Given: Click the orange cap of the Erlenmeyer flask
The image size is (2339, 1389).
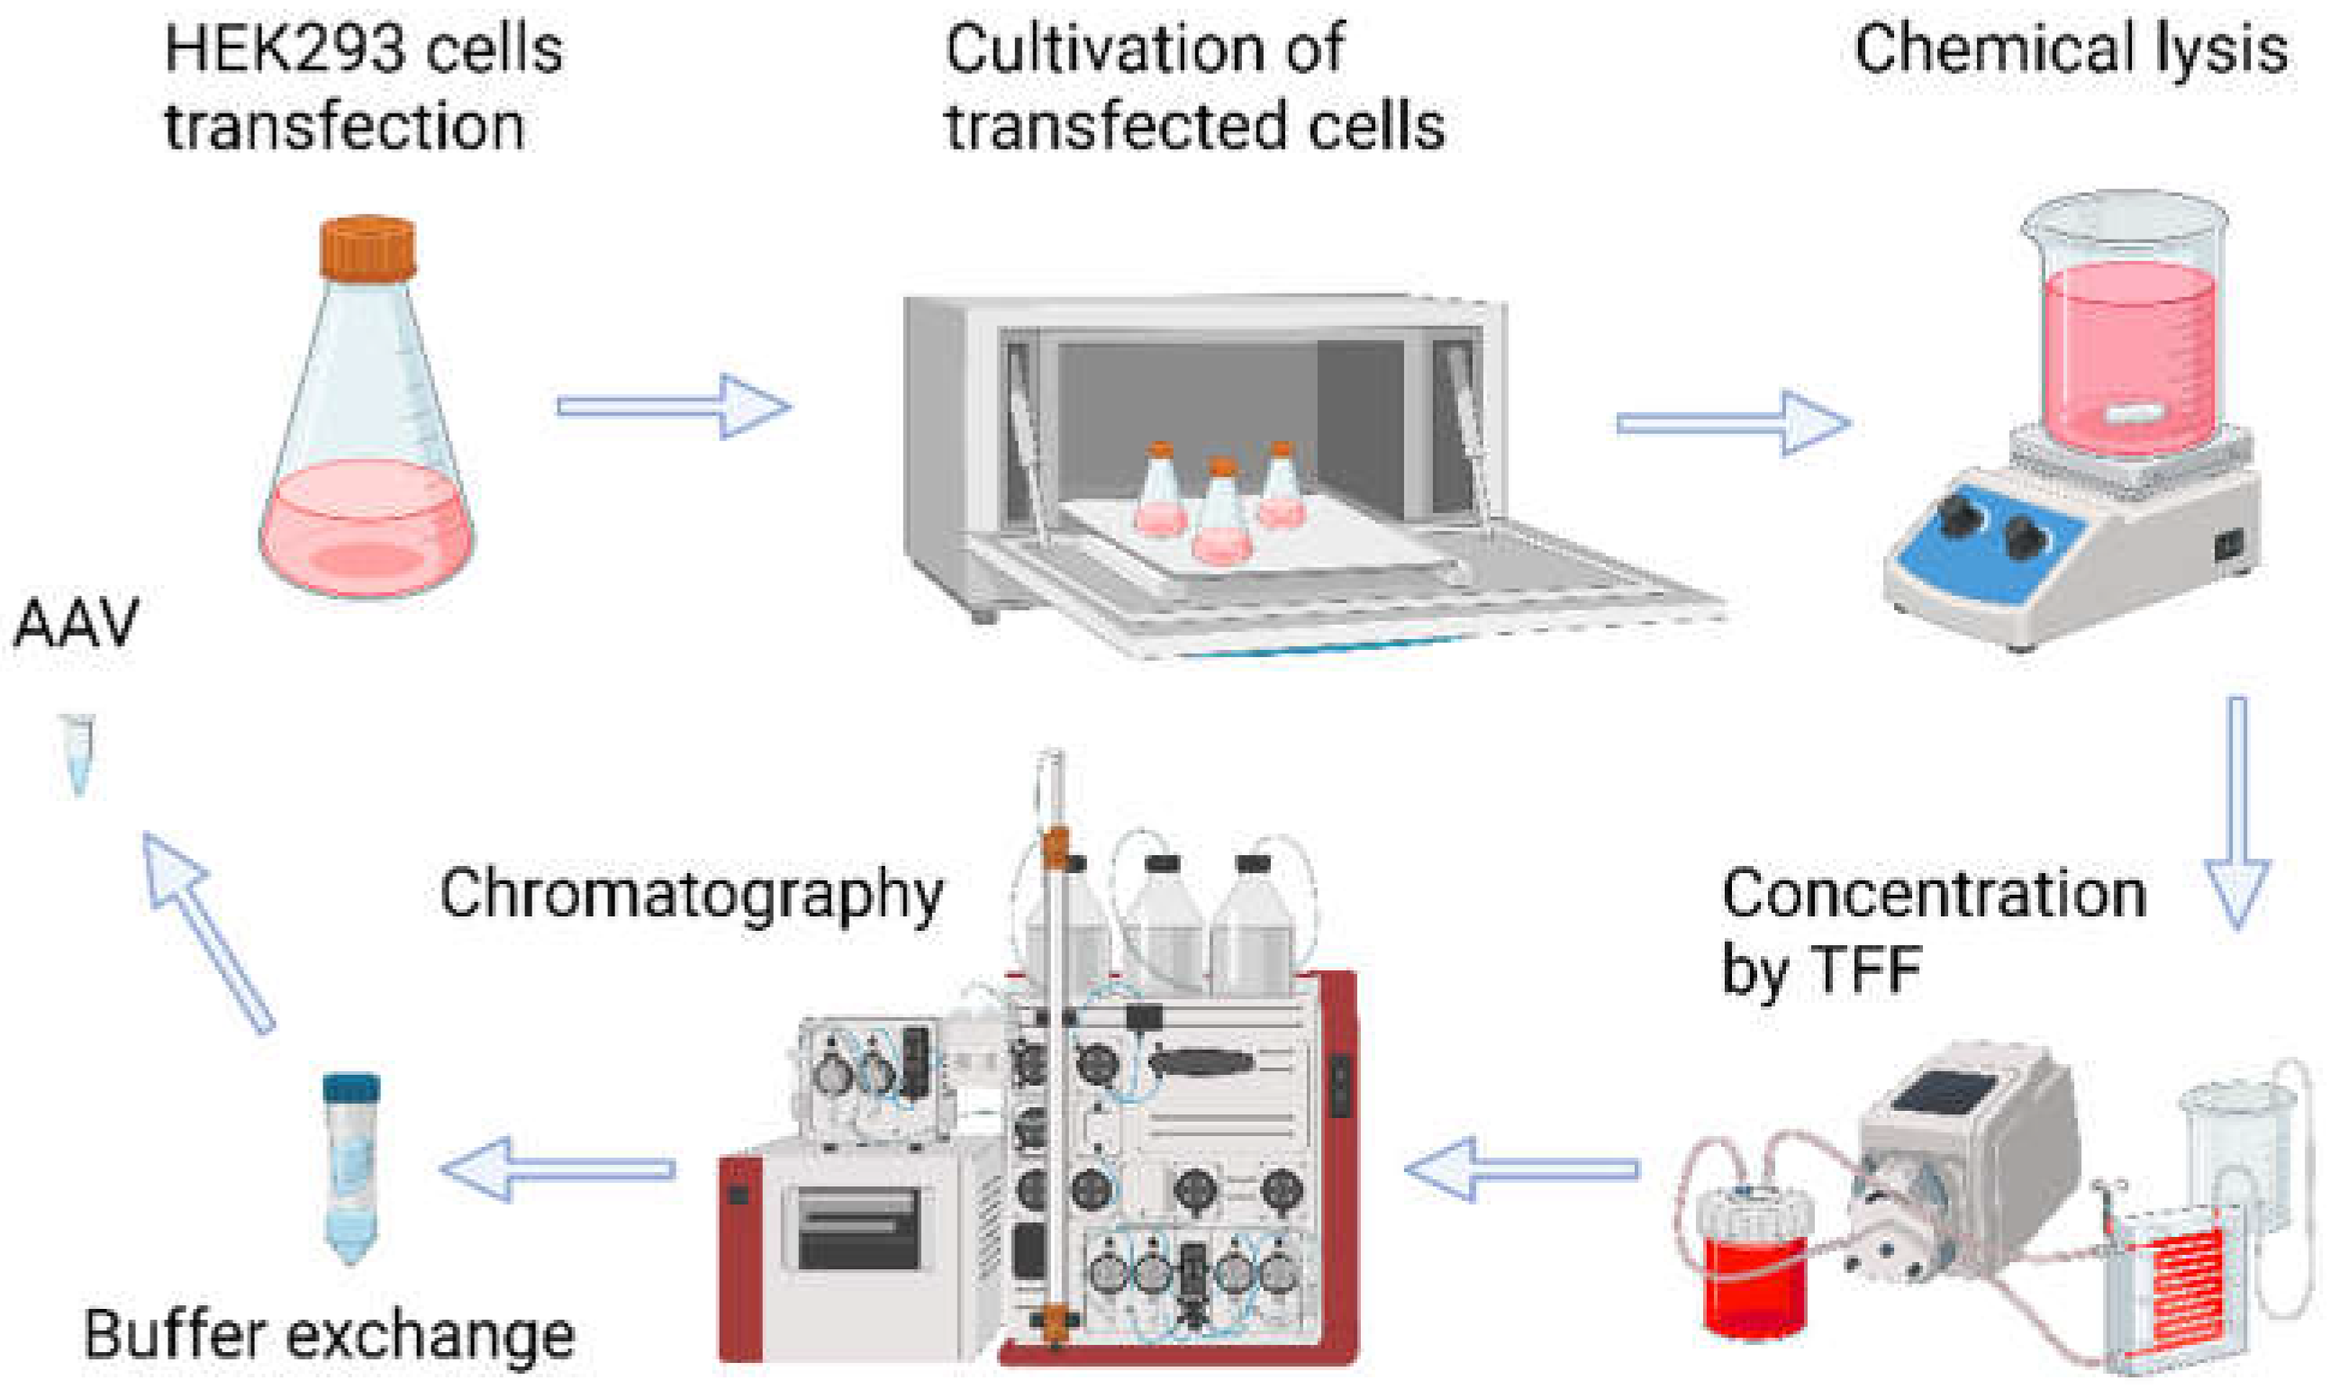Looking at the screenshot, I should click(x=367, y=248).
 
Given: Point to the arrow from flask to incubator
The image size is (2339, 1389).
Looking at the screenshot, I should click(x=675, y=405).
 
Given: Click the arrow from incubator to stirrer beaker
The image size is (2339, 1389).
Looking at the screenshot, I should click(x=1733, y=423).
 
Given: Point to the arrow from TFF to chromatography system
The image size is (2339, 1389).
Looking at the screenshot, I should click(x=1521, y=1169).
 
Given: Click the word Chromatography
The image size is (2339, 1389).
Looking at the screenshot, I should click(x=691, y=894).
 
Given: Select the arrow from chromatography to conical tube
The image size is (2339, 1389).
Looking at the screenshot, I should click(x=558, y=1169).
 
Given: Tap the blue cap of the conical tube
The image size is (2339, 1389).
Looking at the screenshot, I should click(x=351, y=1088).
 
